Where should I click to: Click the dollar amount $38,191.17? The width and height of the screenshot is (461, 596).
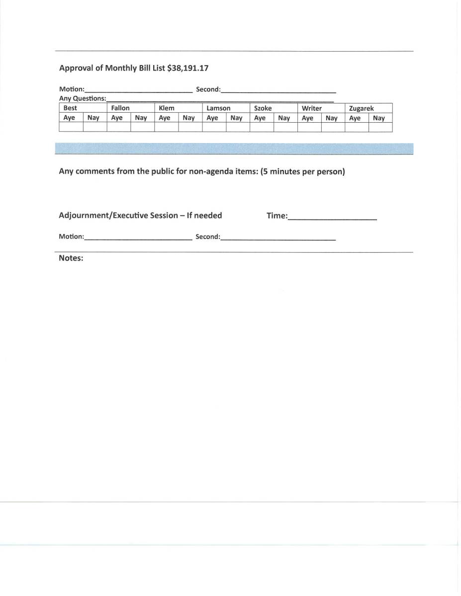(187, 68)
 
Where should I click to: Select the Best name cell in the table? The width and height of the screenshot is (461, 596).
(70, 108)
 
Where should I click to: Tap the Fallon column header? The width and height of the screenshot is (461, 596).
(120, 108)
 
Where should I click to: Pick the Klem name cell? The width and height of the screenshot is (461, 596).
(167, 108)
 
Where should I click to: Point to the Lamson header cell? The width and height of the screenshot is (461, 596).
(218, 108)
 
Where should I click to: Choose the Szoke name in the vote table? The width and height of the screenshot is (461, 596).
(263, 108)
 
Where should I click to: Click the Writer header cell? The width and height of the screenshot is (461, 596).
(312, 108)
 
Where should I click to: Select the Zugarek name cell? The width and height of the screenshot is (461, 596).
(362, 108)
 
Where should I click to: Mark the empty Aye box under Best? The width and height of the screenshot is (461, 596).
(71, 127)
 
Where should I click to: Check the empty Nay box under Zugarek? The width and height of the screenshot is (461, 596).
(380, 127)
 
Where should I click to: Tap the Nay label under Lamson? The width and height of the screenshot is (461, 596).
(236, 118)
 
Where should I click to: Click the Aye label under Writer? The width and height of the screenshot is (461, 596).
(308, 118)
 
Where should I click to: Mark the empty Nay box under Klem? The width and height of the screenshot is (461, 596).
(190, 127)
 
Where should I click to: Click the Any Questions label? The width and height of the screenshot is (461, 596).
(83, 98)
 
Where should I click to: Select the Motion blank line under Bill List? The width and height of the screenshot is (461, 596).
(138, 90)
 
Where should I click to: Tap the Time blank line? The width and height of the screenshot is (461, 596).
(332, 217)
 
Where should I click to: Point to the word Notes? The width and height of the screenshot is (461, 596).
(71, 258)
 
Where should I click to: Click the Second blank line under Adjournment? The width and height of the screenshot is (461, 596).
(278, 237)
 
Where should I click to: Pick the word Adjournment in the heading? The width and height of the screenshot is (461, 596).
(84, 216)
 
